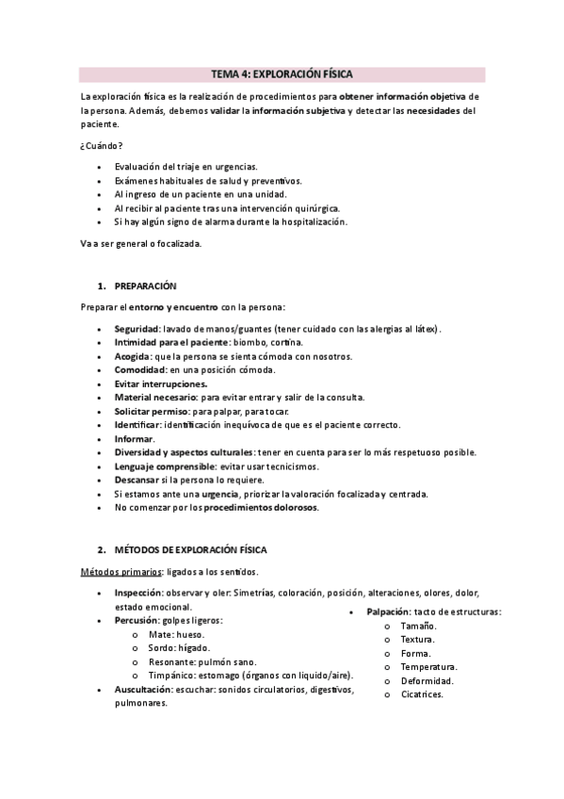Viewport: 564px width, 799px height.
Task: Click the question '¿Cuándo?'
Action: [x=101, y=144]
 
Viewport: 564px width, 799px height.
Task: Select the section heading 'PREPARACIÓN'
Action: [x=145, y=285]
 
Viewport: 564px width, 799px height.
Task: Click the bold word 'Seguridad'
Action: [x=137, y=329]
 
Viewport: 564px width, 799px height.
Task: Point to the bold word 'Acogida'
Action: [x=132, y=356]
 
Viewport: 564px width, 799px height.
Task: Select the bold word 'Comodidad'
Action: [x=139, y=370]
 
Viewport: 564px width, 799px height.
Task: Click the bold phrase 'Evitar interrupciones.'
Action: [x=161, y=384]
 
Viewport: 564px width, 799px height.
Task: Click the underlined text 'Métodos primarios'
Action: [x=119, y=572]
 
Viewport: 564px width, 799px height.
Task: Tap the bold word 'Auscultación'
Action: [x=143, y=690]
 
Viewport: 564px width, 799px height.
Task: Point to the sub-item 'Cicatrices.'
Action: [x=421, y=694]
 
